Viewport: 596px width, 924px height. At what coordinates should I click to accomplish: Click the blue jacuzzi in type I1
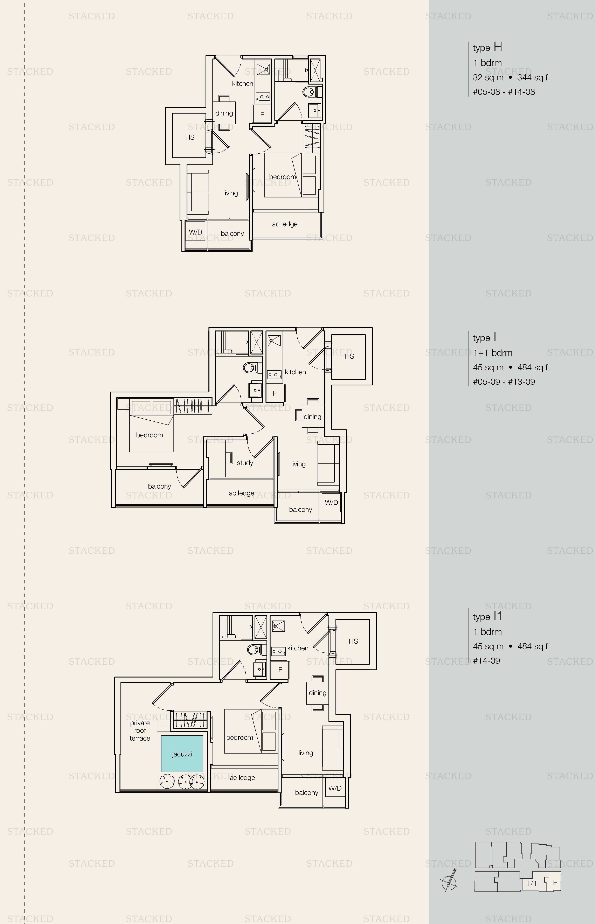point(182,754)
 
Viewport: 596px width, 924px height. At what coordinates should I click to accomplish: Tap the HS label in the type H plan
point(190,137)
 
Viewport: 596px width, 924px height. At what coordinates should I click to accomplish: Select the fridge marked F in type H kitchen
point(262,114)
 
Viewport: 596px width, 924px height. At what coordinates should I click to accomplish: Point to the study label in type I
point(245,463)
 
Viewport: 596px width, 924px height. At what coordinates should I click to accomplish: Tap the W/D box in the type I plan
point(331,503)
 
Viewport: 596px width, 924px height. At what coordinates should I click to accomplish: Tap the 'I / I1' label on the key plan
point(533,883)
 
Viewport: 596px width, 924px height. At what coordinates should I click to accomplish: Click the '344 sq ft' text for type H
point(534,77)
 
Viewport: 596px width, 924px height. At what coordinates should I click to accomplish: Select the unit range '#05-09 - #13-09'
point(504,382)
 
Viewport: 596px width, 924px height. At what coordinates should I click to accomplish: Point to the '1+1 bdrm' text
point(493,353)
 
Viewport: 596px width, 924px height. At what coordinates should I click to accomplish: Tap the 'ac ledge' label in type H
point(285,224)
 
